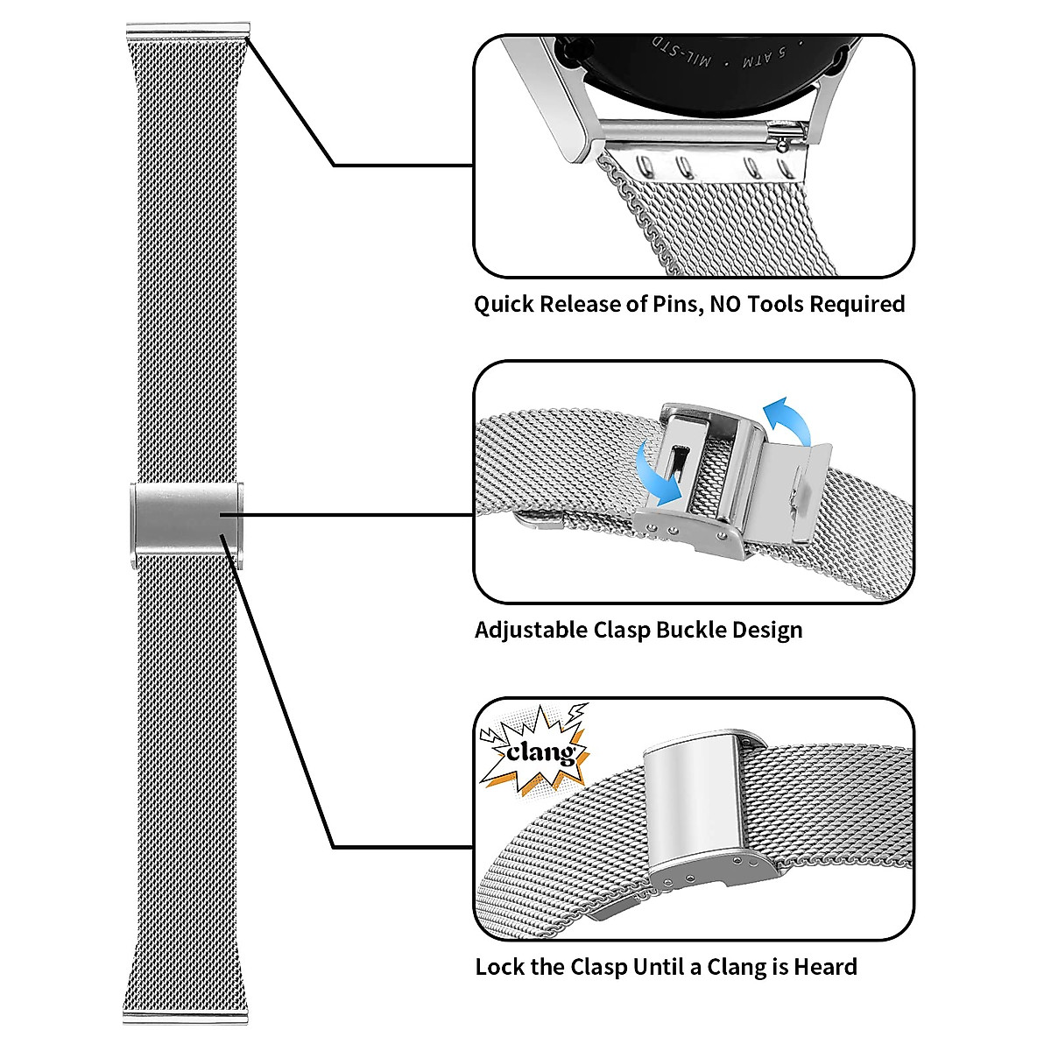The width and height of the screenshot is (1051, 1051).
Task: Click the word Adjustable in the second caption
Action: pyautogui.click(x=531, y=631)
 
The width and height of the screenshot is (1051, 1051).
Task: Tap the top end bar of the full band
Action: pyautogui.click(x=187, y=32)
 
